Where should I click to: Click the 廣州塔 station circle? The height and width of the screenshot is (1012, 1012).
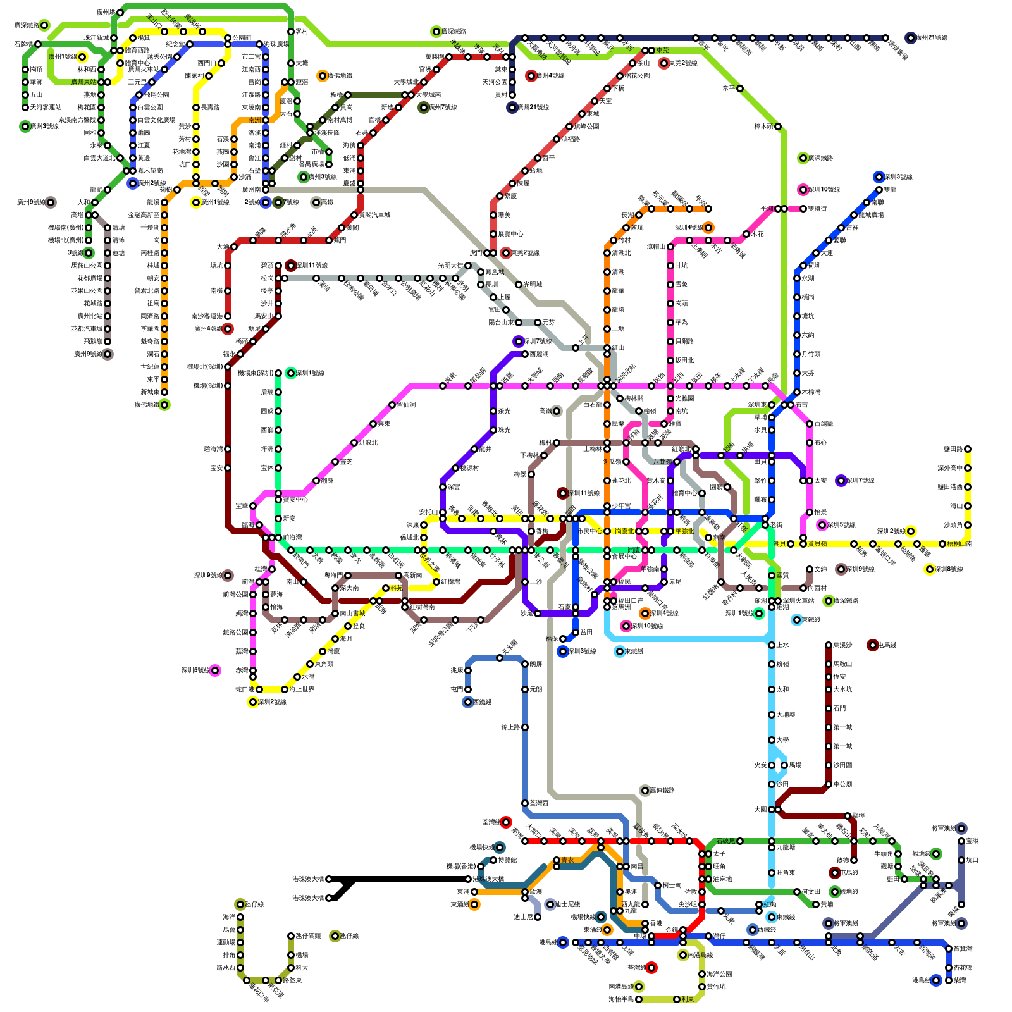pyautogui.click(x=120, y=13)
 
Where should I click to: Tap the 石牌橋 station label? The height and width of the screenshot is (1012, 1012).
pyautogui.click(x=23, y=44)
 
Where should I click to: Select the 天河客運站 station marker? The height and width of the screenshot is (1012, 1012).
pyautogui.click(x=25, y=108)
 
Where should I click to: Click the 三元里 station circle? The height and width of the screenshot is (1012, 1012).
pyautogui.click(x=152, y=82)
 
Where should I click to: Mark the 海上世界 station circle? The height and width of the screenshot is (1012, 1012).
pyautogui.click(x=285, y=689)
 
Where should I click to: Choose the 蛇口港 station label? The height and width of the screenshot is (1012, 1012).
pyautogui.click(x=245, y=689)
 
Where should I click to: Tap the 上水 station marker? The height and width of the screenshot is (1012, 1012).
pyautogui.click(x=772, y=645)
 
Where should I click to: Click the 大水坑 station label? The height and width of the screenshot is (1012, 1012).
pyautogui.click(x=843, y=689)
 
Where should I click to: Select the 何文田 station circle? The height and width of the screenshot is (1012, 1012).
pyautogui.click(x=797, y=892)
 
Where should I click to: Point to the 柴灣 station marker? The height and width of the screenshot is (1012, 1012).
pyautogui.click(x=949, y=980)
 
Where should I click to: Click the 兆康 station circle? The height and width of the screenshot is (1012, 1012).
pyautogui.click(x=468, y=670)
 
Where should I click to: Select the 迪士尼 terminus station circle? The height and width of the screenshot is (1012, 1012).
pyautogui.click(x=525, y=917)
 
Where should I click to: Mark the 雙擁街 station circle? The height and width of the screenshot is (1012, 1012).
pyautogui.click(x=803, y=209)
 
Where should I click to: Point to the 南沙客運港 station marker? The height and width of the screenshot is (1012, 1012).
pyautogui.click(x=228, y=316)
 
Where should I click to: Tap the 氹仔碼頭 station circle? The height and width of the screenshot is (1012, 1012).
pyautogui.click(x=291, y=936)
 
